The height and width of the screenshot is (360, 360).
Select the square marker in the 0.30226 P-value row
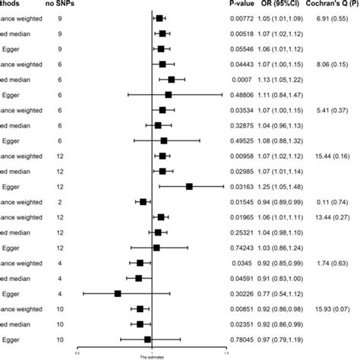(x=118, y=293)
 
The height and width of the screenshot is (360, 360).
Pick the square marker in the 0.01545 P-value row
(x=143, y=201)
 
